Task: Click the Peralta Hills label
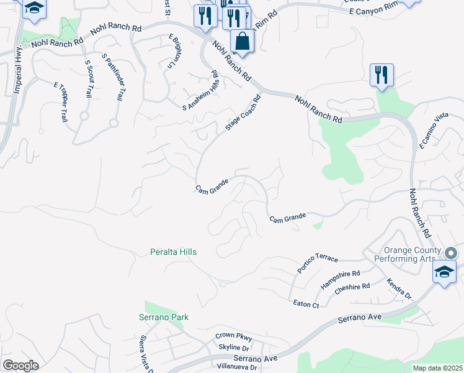pyautogui.click(x=174, y=252)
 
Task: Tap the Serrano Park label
pyautogui.click(x=163, y=317)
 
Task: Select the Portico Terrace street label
pyautogui.click(x=318, y=264)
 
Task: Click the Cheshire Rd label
pyautogui.click(x=352, y=290)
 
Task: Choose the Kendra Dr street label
pyautogui.click(x=399, y=287)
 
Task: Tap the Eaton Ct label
pyautogui.click(x=306, y=304)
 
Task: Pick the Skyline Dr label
pyautogui.click(x=233, y=347)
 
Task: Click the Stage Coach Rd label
pyautogui.click(x=243, y=113)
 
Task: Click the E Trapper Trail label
pyautogui.click(x=61, y=102)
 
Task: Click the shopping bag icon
pyautogui.click(x=242, y=42)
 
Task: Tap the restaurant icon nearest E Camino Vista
pyautogui.click(x=381, y=75)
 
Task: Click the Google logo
pyautogui.click(x=20, y=366)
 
